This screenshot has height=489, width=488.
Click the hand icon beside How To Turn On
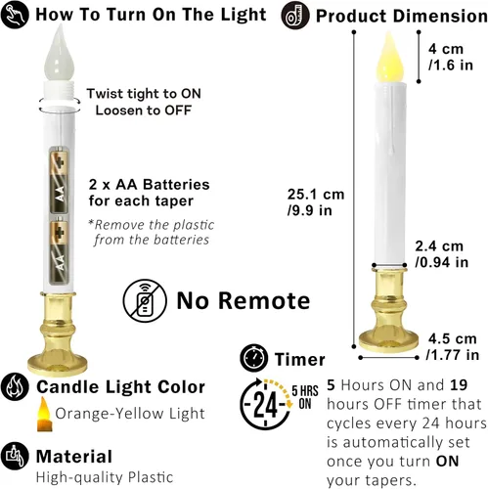pos(15,15)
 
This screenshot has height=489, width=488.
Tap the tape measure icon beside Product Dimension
pos(295,16)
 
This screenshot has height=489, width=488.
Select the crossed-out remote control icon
pos(145,300)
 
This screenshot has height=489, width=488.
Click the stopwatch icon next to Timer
pos(254,358)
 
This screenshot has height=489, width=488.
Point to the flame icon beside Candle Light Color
pos(15,386)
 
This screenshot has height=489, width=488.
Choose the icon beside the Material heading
pos(15,456)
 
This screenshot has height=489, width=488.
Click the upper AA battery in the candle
pos(59,180)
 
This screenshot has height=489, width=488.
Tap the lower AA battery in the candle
pos(59,250)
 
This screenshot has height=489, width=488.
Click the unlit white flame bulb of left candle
pos(59,54)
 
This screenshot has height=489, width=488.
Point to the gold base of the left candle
pos(58,334)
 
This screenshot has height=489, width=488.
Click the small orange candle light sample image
pos(44,415)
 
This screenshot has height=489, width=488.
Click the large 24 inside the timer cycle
pos(266,405)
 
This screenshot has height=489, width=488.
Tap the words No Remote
pos(244,300)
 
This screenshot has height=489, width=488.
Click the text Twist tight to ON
pos(144,94)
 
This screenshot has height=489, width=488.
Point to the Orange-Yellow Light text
pos(130,414)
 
